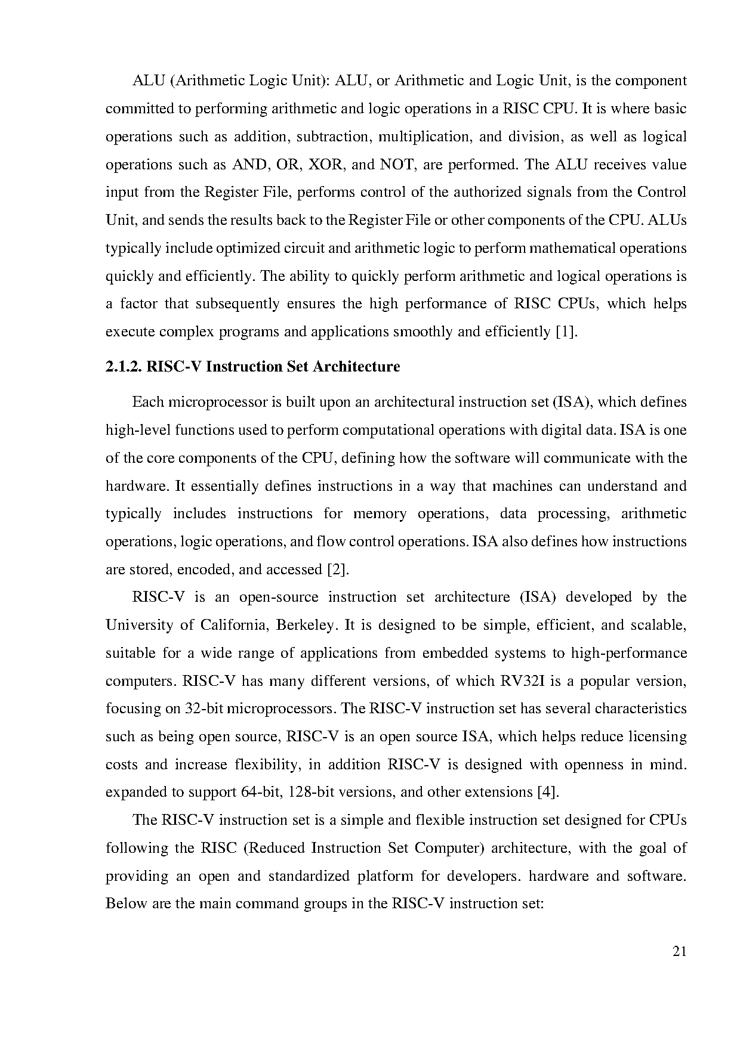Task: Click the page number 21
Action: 679,952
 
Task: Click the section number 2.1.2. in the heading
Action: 124,366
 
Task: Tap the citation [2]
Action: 338,570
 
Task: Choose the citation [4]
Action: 548,793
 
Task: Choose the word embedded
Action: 452,653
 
